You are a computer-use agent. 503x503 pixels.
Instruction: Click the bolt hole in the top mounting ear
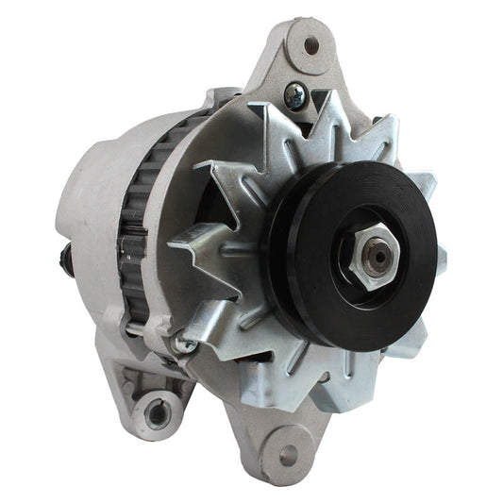[310, 43]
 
